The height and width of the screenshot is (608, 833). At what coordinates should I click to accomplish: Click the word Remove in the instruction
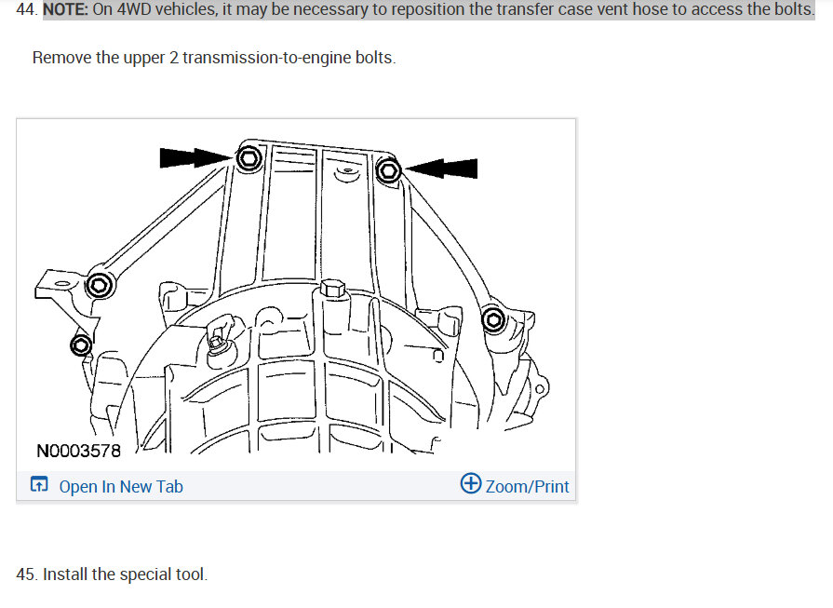pos(61,58)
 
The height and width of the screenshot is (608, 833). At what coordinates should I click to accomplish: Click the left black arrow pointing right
pos(194,157)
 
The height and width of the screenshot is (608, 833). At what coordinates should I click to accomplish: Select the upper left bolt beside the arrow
pos(249,158)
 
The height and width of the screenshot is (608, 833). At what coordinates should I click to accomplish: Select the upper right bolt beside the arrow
pos(389,170)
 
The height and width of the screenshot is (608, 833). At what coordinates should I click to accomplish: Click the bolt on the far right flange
pos(494,321)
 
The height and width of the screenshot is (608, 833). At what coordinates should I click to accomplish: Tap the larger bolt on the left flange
pos(99,286)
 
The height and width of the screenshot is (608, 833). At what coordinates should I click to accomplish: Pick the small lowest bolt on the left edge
pos(81,346)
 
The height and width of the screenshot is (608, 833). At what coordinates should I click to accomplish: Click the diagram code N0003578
pos(78,452)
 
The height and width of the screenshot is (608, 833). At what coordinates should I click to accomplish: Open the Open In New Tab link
pos(121,486)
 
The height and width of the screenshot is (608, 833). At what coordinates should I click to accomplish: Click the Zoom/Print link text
pos(527,486)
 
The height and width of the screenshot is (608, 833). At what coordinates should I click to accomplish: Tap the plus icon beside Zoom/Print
pos(471,484)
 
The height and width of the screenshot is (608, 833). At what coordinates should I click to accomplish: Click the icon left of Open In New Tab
pos(39,485)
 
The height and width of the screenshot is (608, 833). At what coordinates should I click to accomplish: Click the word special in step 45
pos(143,574)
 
